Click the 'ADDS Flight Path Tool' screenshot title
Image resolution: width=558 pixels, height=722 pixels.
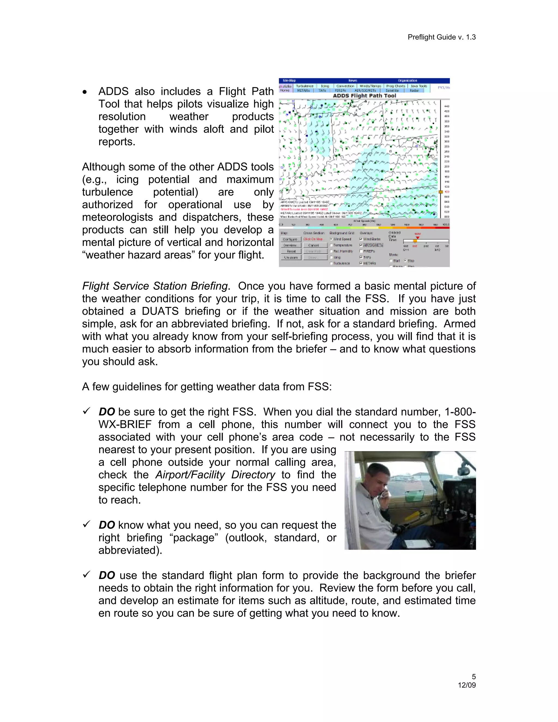(364, 96)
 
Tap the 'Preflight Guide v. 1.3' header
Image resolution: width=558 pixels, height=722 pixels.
(441, 37)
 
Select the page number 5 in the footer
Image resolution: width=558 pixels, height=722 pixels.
(473, 677)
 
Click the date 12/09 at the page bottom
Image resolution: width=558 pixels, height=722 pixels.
(466, 685)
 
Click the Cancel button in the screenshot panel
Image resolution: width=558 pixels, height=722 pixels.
(313, 245)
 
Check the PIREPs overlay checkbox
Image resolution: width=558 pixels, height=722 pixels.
(361, 251)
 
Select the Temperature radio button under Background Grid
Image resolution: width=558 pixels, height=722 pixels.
(331, 245)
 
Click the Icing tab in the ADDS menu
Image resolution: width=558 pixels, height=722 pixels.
(325, 86)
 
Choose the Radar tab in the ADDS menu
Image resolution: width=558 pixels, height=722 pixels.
(414, 90)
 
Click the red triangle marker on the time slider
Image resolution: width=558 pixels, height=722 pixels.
(417, 238)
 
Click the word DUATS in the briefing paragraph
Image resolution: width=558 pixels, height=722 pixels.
(160, 311)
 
